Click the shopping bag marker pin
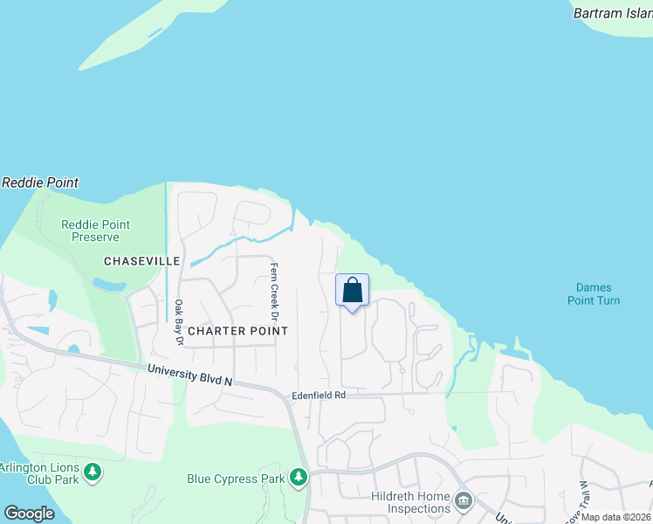[352, 291]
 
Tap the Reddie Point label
[40, 183]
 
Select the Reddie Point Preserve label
[95, 231]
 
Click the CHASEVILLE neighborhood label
[141, 261]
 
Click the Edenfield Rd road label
[319, 395]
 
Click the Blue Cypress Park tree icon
[299, 477]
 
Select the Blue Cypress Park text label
[237, 479]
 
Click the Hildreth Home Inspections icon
[464, 501]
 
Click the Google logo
[30, 514]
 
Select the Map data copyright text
[616, 517]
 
